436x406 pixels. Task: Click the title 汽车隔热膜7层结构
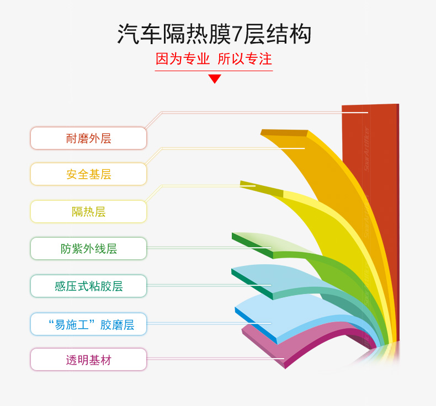pos(214,34)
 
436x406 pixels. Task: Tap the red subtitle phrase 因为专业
pos(183,59)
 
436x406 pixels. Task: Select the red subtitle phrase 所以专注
pos(244,59)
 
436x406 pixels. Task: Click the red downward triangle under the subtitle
pos(215,79)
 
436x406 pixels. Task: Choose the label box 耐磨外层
pos(88,138)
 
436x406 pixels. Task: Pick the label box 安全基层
pos(88,174)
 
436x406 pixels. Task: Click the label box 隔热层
pos(88,211)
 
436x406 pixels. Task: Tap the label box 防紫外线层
pos(88,248)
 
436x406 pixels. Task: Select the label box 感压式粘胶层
pos(88,286)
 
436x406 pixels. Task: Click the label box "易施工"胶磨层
pos(88,324)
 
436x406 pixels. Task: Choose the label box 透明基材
pos(88,360)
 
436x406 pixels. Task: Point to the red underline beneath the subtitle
pos(214,71)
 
